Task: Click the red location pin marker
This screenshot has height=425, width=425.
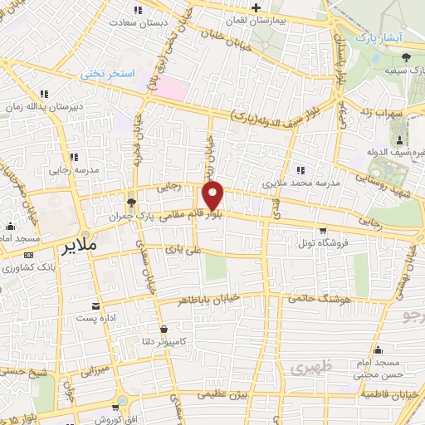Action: click(x=213, y=196)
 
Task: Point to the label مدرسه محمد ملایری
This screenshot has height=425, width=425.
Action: click(x=298, y=181)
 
